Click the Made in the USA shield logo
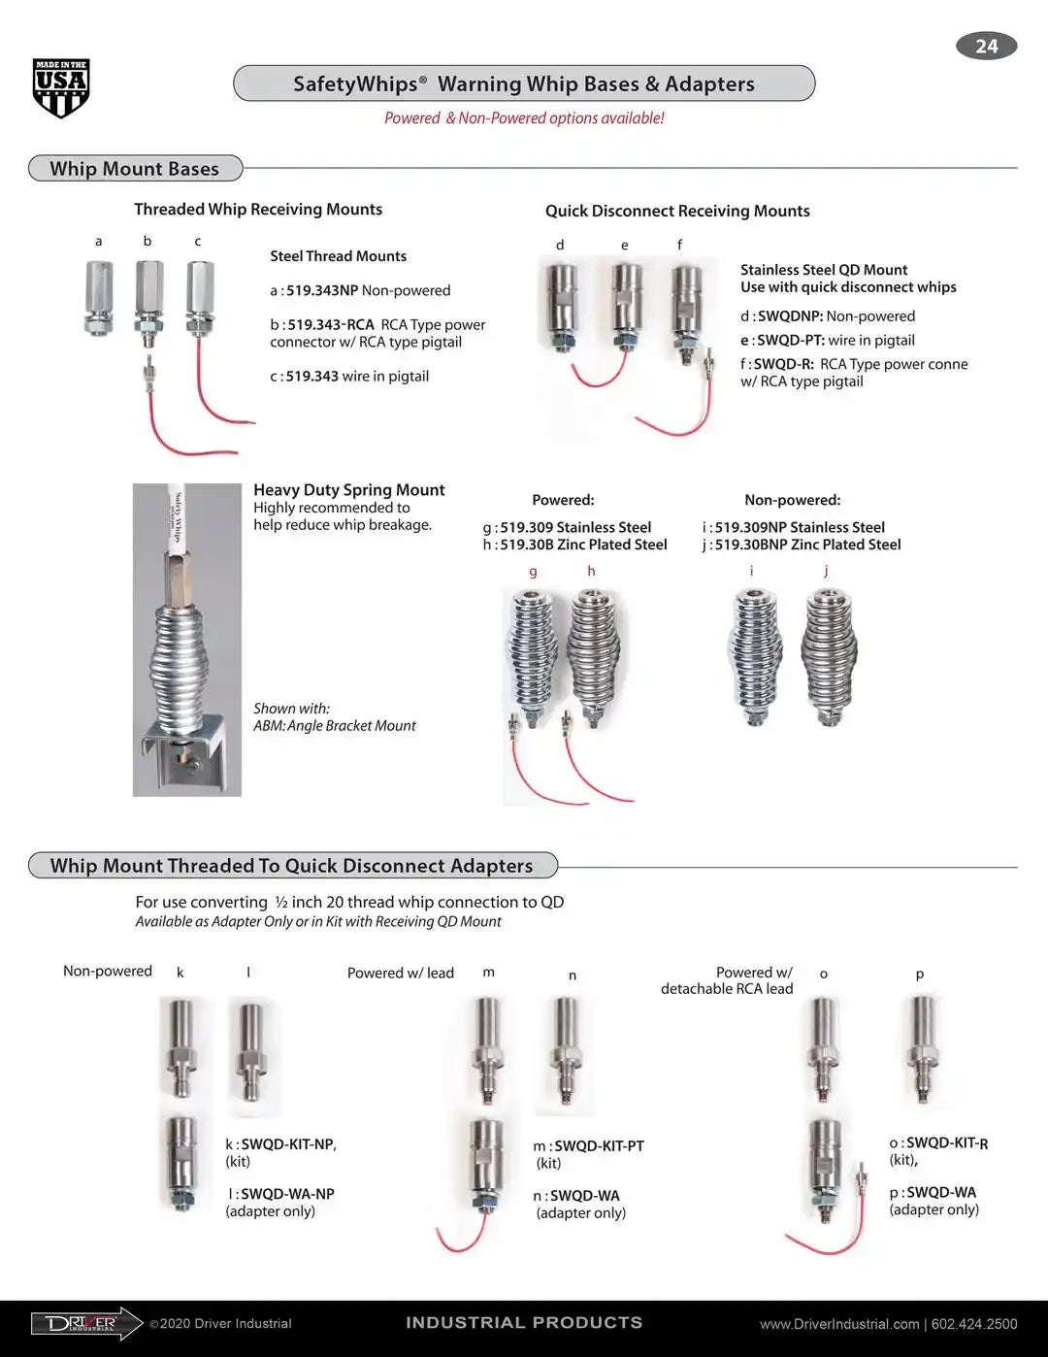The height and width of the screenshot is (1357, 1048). pos(61,88)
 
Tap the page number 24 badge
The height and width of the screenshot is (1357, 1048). pos(986,46)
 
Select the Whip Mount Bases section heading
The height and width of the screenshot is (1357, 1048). pos(135,169)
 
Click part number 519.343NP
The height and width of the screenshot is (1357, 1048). pos(322,290)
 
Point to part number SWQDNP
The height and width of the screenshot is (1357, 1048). pos(790,316)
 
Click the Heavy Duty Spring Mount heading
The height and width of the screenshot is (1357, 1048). pos(349,490)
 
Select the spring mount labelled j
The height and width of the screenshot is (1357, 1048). pos(830,655)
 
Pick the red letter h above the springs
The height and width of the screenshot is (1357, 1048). pos(591,571)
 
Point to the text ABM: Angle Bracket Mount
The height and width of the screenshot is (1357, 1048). pos(335,725)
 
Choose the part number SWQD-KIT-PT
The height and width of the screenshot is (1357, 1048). pos(599,1146)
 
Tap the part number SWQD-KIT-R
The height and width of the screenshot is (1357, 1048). pos(947,1143)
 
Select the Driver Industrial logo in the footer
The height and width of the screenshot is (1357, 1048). pos(86,1323)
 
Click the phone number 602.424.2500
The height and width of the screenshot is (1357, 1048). pos(974,1324)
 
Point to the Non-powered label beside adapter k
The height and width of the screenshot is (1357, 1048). pos(108,971)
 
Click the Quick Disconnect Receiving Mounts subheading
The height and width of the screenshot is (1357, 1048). pos(677,211)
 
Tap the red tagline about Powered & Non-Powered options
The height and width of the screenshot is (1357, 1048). pos(524,118)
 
